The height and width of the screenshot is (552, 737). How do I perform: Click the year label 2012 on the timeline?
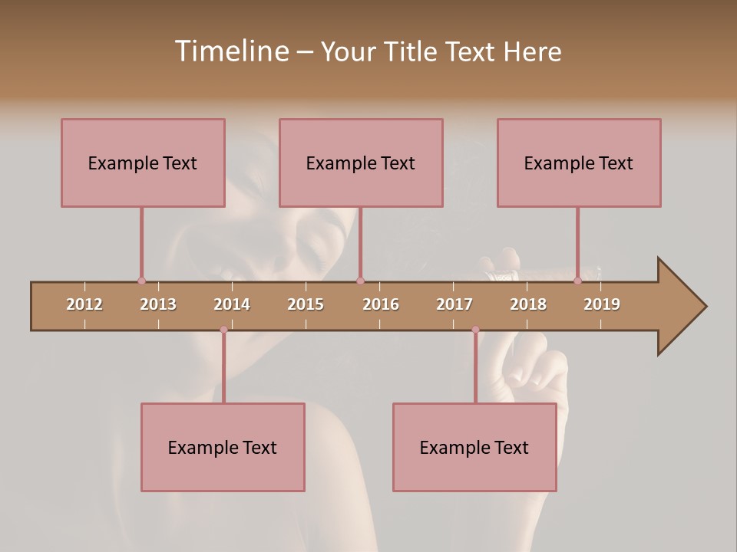click(x=84, y=304)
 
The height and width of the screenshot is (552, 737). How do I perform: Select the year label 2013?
click(x=158, y=304)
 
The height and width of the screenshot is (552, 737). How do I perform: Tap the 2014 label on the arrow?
click(x=232, y=304)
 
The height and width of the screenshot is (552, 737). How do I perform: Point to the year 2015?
click(x=306, y=304)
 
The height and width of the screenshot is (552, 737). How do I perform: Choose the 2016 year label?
click(x=381, y=304)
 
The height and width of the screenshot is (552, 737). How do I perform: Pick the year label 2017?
click(x=454, y=304)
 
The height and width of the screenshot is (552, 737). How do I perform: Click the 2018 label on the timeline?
click(x=528, y=304)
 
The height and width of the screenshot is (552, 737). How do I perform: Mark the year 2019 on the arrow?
click(x=602, y=304)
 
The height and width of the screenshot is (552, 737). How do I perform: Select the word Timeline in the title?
click(x=230, y=51)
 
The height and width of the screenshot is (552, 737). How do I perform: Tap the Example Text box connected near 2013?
click(x=143, y=163)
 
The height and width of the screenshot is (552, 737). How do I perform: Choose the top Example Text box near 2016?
click(x=361, y=163)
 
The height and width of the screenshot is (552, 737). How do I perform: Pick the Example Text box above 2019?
click(x=579, y=163)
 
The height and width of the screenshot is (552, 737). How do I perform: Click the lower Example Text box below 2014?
click(x=223, y=447)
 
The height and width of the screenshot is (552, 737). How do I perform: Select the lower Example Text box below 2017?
click(x=474, y=447)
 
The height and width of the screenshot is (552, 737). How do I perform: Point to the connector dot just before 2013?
click(x=141, y=281)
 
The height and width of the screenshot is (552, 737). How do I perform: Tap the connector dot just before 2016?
click(x=360, y=281)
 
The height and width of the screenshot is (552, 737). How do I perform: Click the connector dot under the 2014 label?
click(x=223, y=330)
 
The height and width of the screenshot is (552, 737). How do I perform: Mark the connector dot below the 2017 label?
click(x=475, y=330)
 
